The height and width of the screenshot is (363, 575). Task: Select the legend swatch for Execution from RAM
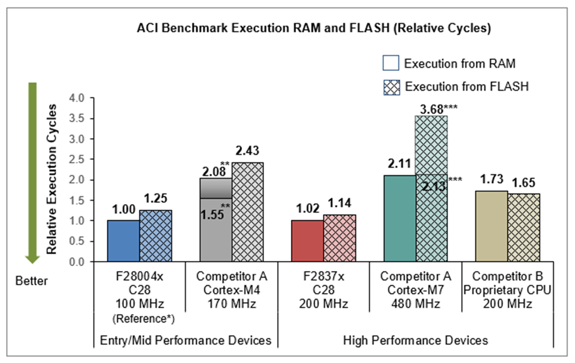[x=391, y=63]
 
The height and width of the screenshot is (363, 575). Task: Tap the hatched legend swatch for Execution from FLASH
[x=391, y=87]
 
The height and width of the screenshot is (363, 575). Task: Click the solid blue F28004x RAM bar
[x=124, y=241]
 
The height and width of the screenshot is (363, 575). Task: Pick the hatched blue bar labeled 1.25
[x=156, y=236]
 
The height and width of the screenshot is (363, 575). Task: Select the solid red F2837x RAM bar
[x=308, y=241]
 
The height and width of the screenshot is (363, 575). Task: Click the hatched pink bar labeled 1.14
[x=340, y=238]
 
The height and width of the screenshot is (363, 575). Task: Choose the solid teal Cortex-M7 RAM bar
[x=400, y=219]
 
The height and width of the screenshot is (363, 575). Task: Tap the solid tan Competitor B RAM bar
[x=491, y=226]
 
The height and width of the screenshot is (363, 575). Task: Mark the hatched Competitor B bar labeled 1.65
[x=523, y=228]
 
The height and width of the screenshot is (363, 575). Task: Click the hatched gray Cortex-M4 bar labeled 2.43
[x=248, y=212]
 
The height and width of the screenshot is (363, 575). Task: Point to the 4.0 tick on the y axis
[x=77, y=98]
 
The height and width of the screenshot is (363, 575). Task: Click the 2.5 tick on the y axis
[x=77, y=160]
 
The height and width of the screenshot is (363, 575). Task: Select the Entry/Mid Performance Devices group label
[x=186, y=340]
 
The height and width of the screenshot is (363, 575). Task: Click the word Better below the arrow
[x=32, y=281]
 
